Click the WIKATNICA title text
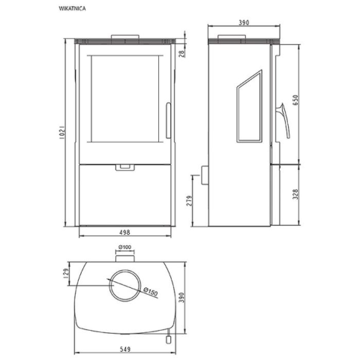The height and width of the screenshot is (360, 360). pos(72,8)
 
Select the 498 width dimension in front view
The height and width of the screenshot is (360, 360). pos(125,232)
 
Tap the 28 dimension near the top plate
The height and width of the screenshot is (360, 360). pos(182,53)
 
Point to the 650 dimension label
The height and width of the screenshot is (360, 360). pos(295,100)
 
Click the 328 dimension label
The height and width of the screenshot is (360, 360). pos(295,194)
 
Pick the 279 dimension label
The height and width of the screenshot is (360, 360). pos(190,200)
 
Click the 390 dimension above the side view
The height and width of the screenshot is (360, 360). pos(244,22)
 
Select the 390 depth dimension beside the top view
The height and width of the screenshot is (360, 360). pos(181,298)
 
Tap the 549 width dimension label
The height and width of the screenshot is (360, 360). pos(125,349)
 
